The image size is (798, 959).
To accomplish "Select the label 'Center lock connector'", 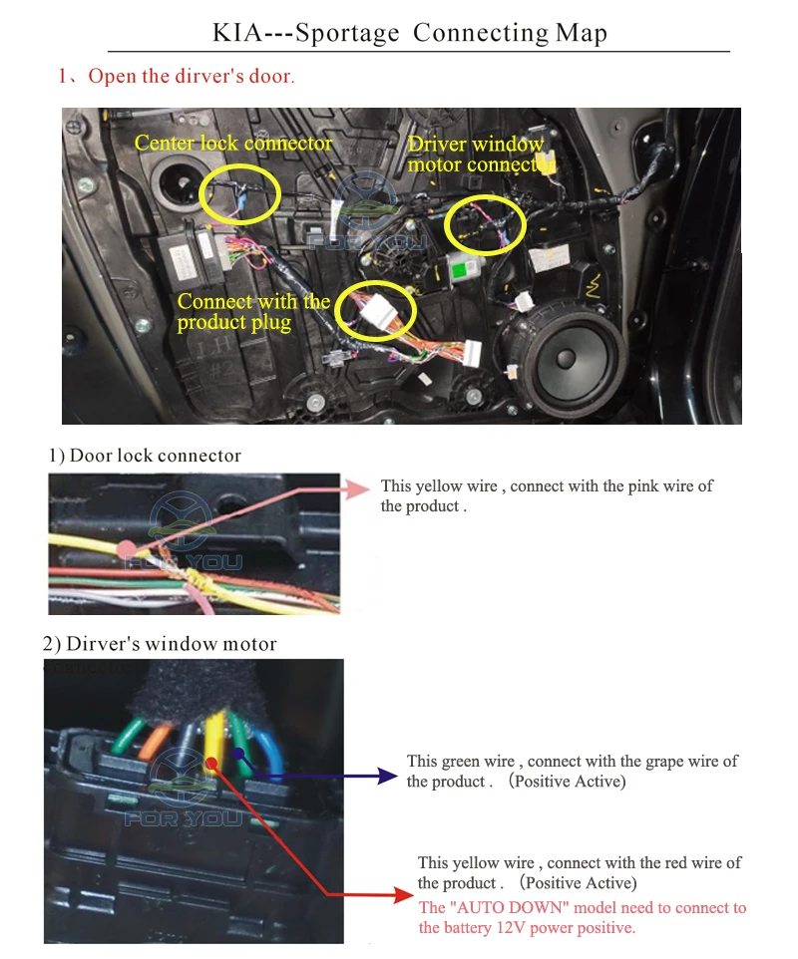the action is tap(233, 144).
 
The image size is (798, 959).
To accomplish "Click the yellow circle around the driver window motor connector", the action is tap(485, 225).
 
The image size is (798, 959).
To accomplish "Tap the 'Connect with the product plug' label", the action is tap(253, 311).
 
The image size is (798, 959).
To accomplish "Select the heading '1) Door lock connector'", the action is tap(146, 456).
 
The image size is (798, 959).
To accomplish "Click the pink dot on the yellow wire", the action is tap(126, 549).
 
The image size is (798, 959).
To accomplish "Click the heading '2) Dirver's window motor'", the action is tap(160, 644).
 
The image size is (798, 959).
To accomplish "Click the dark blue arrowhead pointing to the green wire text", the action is tap(388, 776).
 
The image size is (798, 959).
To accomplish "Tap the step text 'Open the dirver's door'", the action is tap(191, 77).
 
